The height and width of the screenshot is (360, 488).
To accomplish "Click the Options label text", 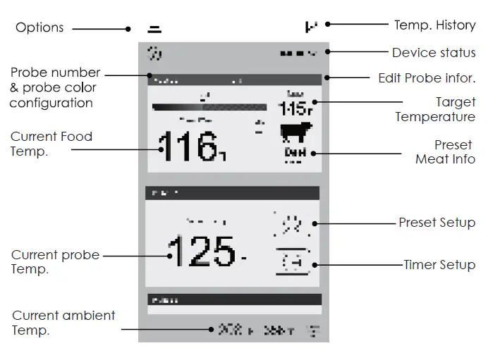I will (x=39, y=28).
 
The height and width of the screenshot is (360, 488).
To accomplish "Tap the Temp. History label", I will (x=434, y=25).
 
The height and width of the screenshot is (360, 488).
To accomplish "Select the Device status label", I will (x=433, y=53).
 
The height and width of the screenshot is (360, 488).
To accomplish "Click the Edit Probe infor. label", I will (x=427, y=77).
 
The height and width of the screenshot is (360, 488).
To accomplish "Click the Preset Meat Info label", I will (x=445, y=152).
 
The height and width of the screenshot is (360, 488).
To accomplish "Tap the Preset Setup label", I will (x=437, y=223).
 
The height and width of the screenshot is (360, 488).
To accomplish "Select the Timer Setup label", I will (x=439, y=265).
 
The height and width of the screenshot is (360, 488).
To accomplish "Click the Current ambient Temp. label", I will (x=63, y=323).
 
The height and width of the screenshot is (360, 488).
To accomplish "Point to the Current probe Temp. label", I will (x=55, y=262).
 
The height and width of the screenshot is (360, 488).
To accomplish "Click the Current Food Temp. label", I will (x=51, y=143).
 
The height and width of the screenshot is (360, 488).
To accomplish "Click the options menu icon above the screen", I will (x=154, y=30).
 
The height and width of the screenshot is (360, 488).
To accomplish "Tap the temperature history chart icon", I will (x=311, y=27).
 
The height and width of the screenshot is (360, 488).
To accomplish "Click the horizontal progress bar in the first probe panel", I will (x=209, y=108).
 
